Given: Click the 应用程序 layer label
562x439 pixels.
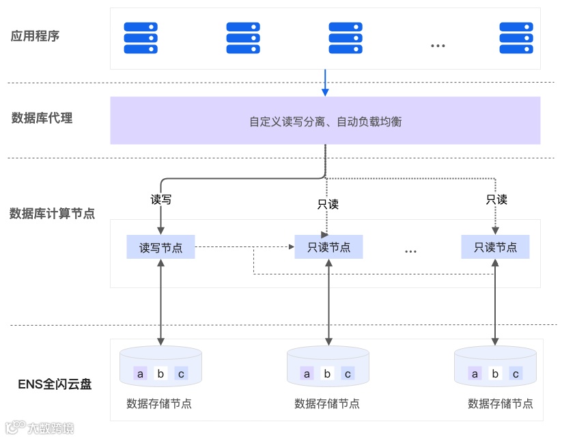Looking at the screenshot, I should (x=36, y=36).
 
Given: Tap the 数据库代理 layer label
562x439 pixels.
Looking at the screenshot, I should (x=42, y=118).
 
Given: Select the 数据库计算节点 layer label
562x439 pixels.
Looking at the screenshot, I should (x=52, y=214).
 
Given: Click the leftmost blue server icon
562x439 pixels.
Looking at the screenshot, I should (x=141, y=38).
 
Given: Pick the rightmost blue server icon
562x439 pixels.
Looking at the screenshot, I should (x=516, y=38).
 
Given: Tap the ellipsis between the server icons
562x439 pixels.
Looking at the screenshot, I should (x=438, y=46).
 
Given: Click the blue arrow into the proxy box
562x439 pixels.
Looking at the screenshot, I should (x=325, y=83).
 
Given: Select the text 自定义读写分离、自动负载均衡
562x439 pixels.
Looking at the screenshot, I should (x=325, y=122).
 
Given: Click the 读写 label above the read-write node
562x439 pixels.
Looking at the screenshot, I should (x=160, y=200).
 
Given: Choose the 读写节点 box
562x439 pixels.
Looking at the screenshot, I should (x=160, y=247).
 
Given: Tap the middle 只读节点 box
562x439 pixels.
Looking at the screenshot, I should (x=328, y=247).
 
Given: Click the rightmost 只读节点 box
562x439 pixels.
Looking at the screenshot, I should (x=496, y=247).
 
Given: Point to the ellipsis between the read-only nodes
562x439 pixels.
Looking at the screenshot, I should (x=410, y=252).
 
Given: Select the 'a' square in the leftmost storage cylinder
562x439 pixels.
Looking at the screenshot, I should (x=141, y=373).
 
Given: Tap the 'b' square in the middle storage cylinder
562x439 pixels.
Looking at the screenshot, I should (x=328, y=373).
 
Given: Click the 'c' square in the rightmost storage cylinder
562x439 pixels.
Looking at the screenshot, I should (x=516, y=373).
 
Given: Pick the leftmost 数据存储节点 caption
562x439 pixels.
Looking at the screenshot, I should (x=159, y=403).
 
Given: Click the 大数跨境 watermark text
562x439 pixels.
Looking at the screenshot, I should (x=51, y=429).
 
